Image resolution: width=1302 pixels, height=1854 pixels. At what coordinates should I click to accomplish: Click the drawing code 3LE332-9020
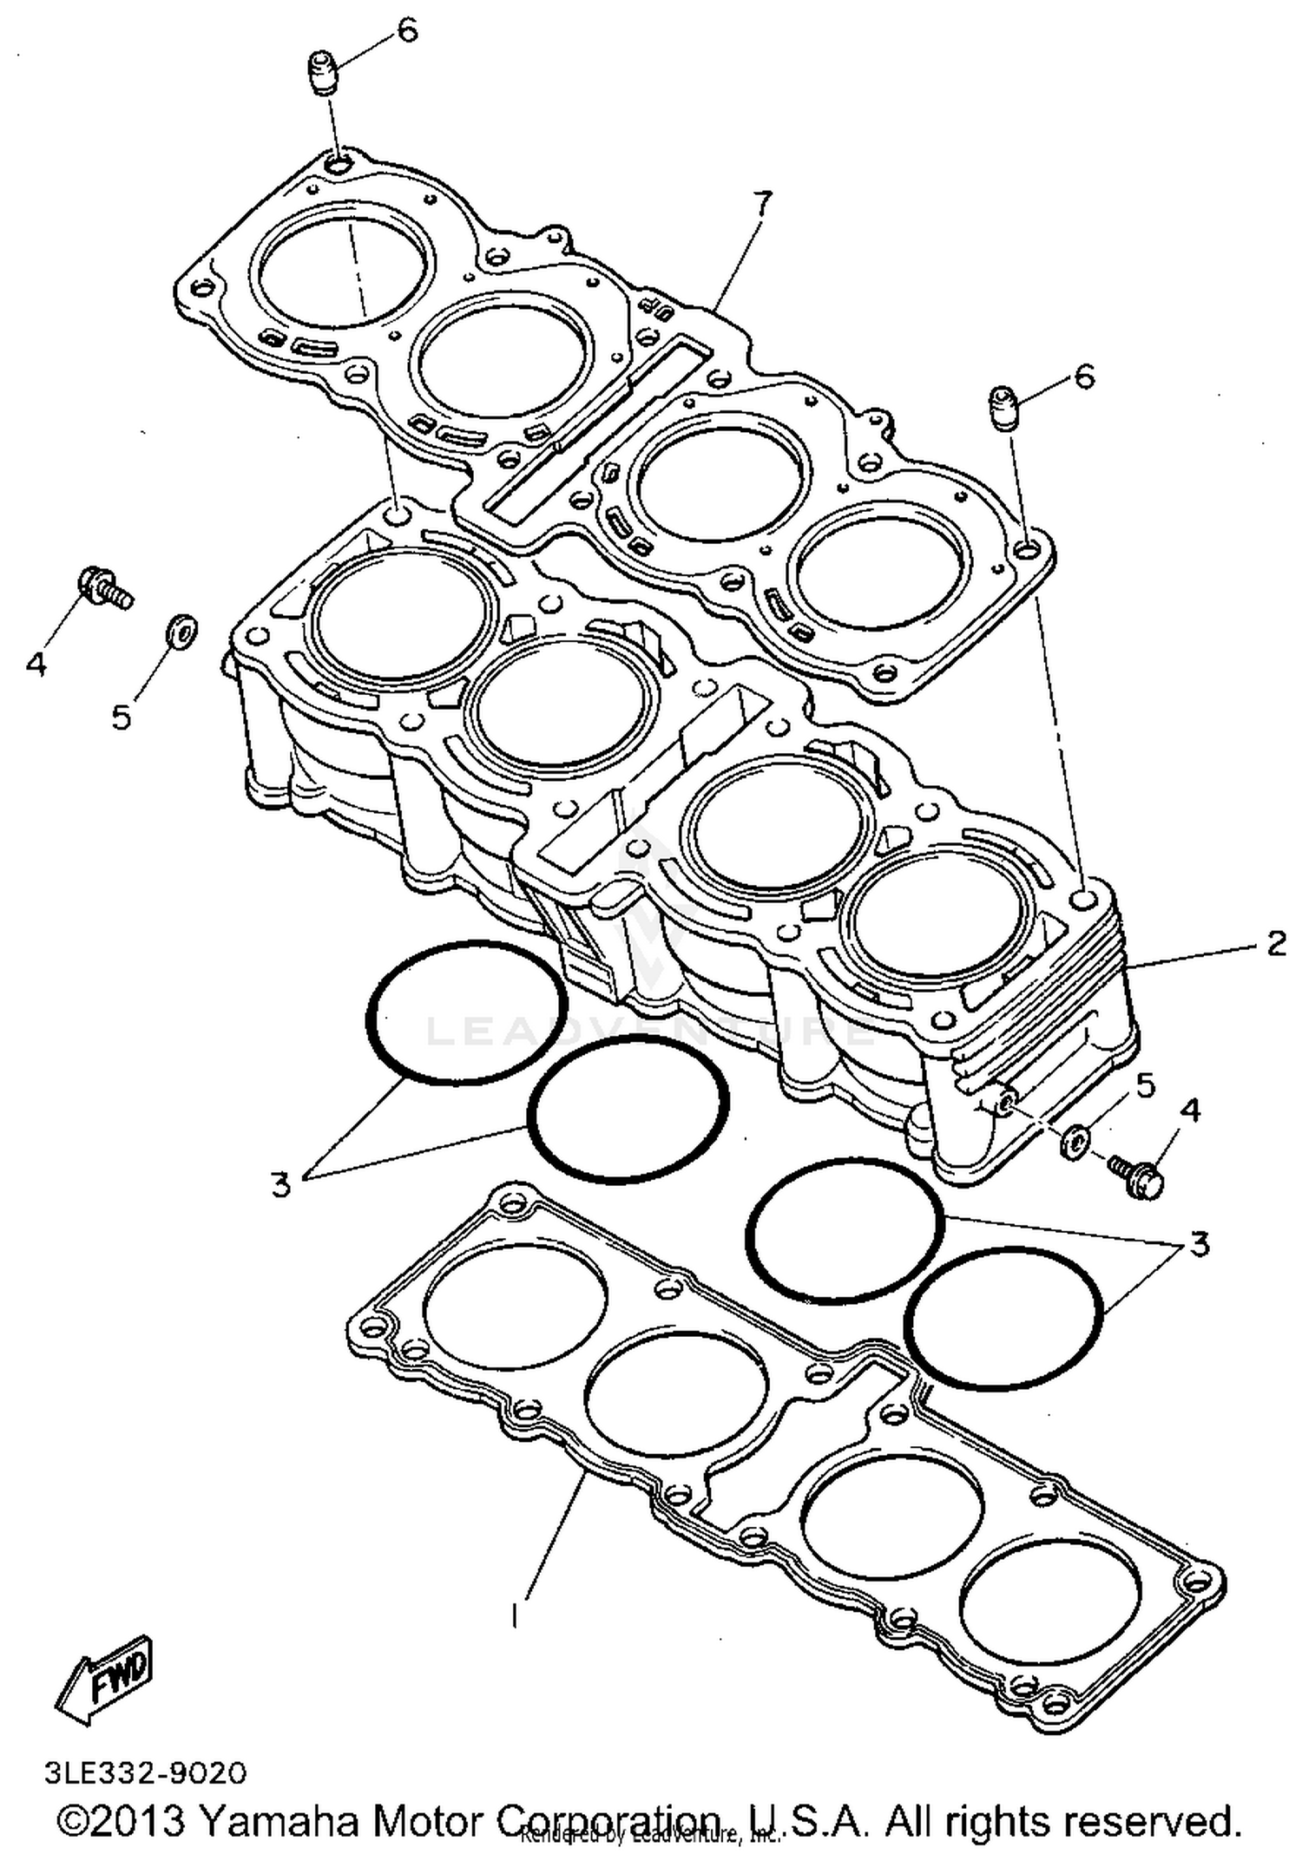point(145,1772)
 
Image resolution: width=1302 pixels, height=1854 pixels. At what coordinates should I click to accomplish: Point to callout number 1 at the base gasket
point(516,1615)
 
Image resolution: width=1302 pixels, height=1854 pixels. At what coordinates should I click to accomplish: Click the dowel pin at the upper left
point(323,71)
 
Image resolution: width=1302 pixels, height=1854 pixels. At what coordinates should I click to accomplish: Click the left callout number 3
point(280,1184)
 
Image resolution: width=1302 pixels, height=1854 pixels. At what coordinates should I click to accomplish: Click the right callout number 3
point(1199,1245)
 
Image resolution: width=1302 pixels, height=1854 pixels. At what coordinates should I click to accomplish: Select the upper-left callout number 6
point(408,30)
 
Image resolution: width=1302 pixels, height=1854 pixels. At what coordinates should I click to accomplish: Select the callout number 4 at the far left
point(36,664)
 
